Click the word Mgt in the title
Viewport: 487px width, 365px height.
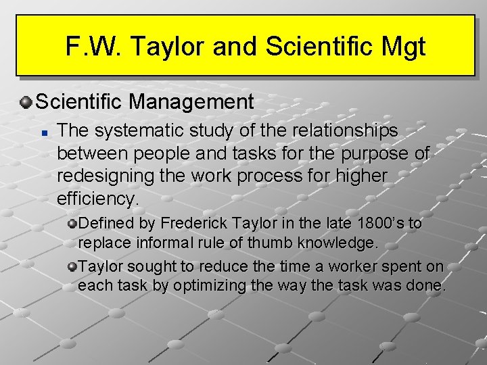coord(403,47)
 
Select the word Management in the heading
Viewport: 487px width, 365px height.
coord(191,102)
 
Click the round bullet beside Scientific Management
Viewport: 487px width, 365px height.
coord(26,103)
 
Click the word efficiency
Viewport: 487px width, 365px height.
coord(97,199)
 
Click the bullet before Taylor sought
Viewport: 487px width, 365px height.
coord(72,266)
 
